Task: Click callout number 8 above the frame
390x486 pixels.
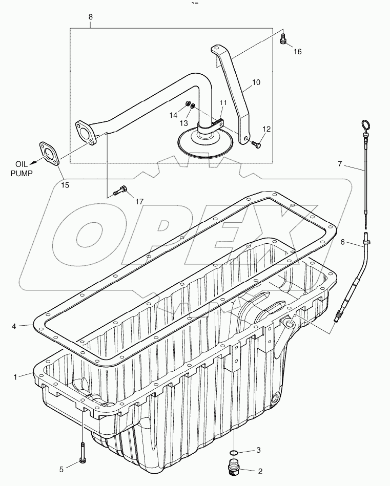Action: point(91,17)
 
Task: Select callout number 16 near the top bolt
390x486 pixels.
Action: point(298,51)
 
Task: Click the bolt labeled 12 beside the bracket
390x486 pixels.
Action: point(257,146)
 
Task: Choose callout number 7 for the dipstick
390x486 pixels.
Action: point(339,164)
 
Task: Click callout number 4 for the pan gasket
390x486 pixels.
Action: point(14,325)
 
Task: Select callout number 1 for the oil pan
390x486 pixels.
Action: point(16,376)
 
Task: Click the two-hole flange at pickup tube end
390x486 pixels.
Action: point(86,131)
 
